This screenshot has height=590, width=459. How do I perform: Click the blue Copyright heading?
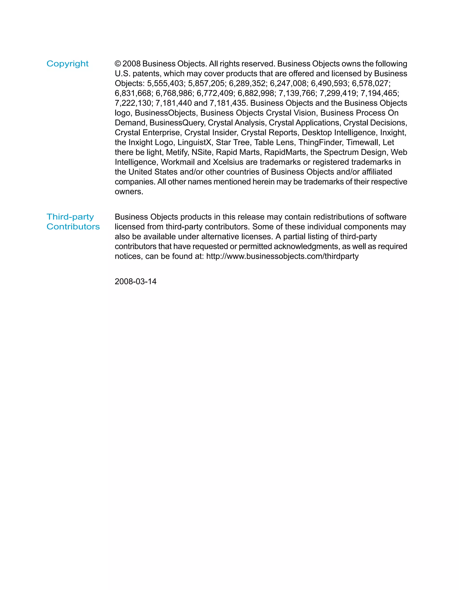[x=67, y=64]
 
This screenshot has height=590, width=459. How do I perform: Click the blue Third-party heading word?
[x=70, y=217]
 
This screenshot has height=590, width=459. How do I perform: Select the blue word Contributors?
[x=73, y=227]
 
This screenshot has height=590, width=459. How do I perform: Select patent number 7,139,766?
[x=297, y=93]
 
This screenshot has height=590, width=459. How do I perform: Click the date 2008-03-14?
[x=135, y=281]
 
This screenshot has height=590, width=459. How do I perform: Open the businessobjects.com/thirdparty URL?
[x=282, y=256]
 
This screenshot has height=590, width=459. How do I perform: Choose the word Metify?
[x=176, y=152]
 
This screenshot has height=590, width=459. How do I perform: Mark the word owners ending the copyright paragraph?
[x=128, y=192]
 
